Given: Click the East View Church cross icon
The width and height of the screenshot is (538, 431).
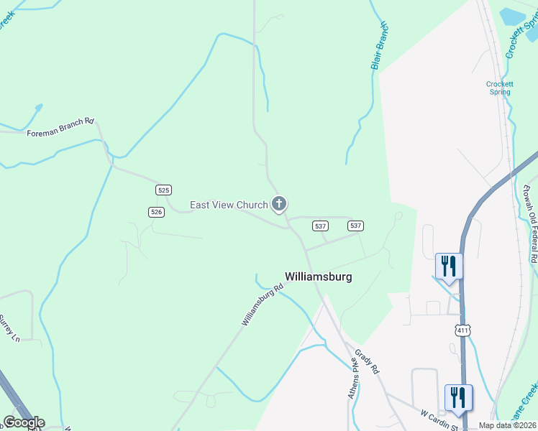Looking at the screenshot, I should tap(279, 205).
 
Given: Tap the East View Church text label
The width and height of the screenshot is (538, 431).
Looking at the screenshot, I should tap(228, 205).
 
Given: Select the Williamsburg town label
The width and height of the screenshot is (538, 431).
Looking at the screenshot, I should tap(319, 277).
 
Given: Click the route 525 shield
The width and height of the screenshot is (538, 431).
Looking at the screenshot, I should tap(163, 190).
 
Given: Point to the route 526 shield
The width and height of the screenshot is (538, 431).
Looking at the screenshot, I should tap(157, 211).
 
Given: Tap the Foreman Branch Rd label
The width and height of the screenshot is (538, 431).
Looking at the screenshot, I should tap(60, 127).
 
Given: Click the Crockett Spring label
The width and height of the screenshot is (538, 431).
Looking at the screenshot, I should tap(499, 88).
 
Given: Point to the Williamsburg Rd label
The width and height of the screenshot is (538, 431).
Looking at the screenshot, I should tap(263, 305).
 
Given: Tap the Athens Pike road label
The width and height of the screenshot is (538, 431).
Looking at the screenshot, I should tap(353, 379).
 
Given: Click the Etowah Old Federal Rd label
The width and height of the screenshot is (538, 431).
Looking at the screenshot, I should tap(529, 223).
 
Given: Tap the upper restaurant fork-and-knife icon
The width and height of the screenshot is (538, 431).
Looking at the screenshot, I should tap(449, 266).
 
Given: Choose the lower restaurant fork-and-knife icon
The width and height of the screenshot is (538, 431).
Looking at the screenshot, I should tap(458, 397).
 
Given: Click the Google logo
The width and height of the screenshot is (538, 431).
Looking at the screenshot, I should tap(24, 422).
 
